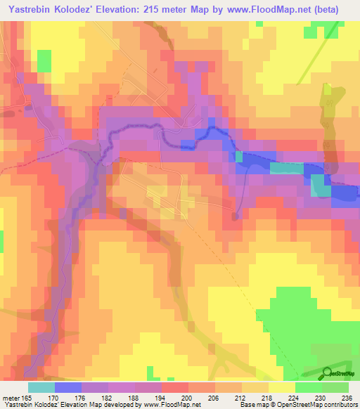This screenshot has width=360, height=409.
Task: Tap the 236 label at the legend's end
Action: [343, 398]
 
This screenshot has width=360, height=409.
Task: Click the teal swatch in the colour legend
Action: [41, 387]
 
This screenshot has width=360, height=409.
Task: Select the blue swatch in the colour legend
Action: [68, 387]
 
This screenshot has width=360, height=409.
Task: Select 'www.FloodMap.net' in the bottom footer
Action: [172, 405]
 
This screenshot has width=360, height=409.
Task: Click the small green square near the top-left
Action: [44, 60]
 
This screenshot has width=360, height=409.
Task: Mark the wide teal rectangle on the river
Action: [287, 168]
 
